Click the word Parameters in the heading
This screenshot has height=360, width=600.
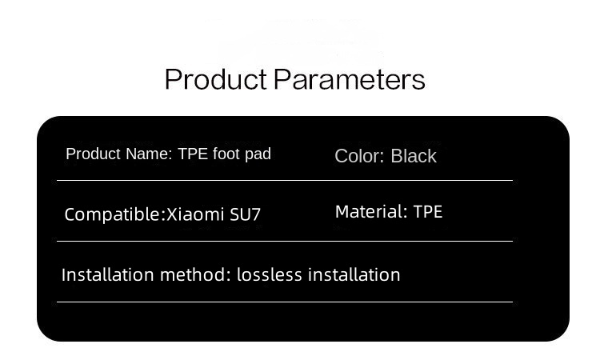coord(349,80)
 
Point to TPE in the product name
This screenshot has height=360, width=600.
coord(193,154)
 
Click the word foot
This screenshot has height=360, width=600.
coord(227,154)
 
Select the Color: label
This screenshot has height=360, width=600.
coord(360,156)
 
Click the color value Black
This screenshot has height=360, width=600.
coord(414,156)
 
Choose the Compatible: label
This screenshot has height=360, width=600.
coord(114,214)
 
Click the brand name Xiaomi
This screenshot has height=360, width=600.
coord(197,214)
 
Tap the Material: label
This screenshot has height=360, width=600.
coord(371,212)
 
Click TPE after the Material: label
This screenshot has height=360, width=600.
coord(428,212)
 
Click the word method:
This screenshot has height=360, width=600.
coord(196,274)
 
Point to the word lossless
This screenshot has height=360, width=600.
coord(270,274)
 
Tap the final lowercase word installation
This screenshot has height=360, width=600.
coord(354,274)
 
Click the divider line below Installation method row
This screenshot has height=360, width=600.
coord(284,302)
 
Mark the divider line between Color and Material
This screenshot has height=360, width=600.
coord(424,180)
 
